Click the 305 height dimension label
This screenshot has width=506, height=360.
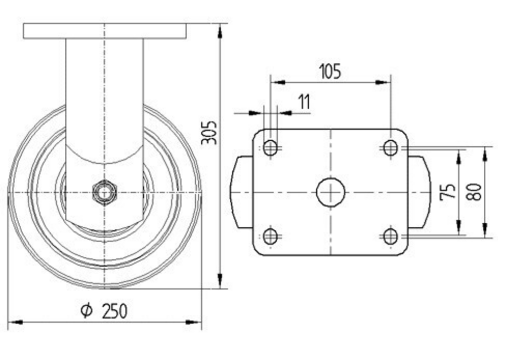209,132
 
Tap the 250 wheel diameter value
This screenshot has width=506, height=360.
114,311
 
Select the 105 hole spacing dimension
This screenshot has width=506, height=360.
330,71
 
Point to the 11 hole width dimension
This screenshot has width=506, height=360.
304,102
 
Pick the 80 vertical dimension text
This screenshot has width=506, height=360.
475,191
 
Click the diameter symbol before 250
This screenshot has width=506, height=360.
87,310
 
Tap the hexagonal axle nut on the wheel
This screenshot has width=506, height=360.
104,193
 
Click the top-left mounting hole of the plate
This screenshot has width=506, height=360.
270,148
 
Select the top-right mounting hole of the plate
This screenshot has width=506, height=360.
391,148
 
